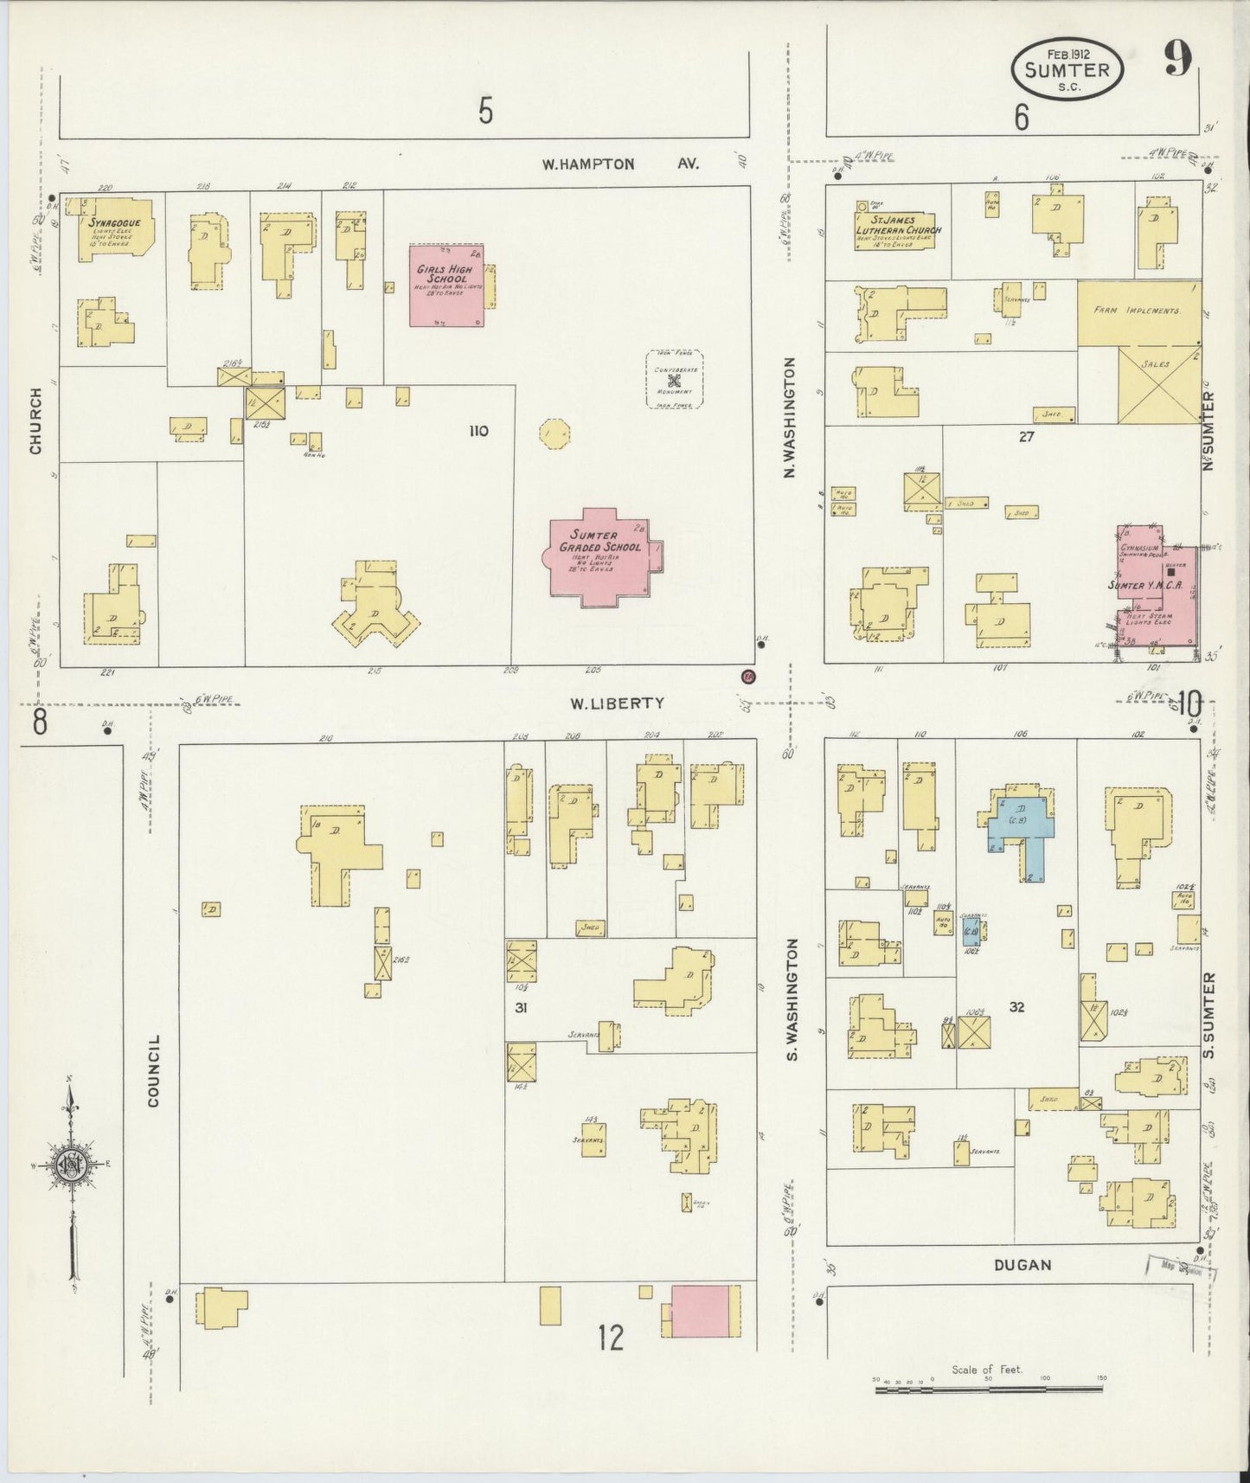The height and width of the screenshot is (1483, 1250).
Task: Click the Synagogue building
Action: [x=116, y=230]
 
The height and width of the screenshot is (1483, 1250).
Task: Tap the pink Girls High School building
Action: [x=446, y=285]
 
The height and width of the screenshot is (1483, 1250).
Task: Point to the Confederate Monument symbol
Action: [x=675, y=379]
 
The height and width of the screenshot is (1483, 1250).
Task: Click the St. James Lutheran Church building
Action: [x=897, y=231]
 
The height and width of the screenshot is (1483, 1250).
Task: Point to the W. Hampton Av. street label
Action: [x=619, y=164]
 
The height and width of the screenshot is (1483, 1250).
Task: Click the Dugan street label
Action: [x=1022, y=1265]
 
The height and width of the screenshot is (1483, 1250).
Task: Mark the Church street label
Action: [x=35, y=421]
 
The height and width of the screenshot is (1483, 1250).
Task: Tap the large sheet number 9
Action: [x=1176, y=59]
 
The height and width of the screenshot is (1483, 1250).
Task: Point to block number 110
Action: [x=478, y=431]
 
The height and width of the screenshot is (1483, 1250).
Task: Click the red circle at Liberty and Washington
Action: [x=748, y=676]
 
